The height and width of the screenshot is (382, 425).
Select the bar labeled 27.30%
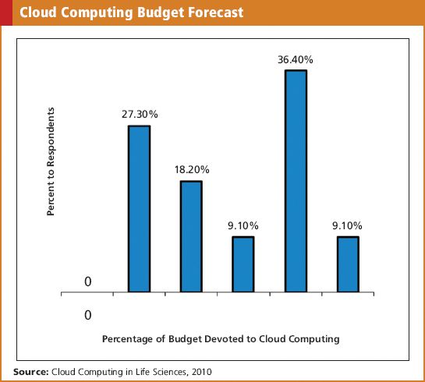click(139, 209)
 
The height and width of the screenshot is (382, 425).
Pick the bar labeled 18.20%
click(191, 237)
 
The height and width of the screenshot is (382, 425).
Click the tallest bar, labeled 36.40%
click(296, 182)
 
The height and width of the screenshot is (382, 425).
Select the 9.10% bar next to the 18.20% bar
click(243, 265)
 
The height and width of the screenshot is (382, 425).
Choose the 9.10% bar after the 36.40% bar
click(348, 265)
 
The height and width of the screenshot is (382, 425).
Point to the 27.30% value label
click(140, 114)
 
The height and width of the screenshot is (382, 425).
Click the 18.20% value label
click(191, 169)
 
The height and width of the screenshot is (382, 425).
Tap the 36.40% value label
click(296, 58)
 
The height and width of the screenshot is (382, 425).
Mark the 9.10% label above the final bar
click(348, 225)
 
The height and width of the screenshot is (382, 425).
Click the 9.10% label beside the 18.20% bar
click(243, 225)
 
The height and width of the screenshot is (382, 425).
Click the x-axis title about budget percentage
click(221, 340)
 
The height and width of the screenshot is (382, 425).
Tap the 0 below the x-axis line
click(87, 315)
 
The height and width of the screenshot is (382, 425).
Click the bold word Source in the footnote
click(30, 371)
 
